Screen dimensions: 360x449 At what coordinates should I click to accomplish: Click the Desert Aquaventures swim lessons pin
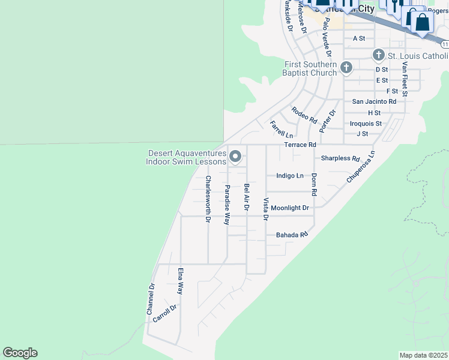(x=236, y=157)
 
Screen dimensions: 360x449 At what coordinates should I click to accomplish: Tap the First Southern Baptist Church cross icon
(x=346, y=67)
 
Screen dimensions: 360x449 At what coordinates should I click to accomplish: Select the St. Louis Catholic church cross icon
(x=378, y=55)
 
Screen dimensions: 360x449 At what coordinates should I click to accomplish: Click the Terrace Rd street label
(x=300, y=145)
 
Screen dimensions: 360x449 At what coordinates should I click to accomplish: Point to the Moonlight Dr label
(x=289, y=208)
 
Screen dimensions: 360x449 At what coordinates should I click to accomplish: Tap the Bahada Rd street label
(x=292, y=235)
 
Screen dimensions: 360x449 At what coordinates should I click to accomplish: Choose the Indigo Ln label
(x=290, y=176)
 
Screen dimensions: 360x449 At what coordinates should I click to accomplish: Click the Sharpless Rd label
(x=340, y=159)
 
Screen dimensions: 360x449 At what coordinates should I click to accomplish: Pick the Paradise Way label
(x=228, y=205)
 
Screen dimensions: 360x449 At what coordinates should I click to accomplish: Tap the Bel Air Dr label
(x=246, y=197)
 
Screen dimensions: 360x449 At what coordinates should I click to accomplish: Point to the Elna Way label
(x=180, y=281)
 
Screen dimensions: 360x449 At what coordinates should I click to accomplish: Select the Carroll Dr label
(x=164, y=314)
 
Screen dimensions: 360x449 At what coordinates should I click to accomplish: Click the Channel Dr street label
(x=151, y=299)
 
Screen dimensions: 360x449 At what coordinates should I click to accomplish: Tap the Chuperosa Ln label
(x=360, y=167)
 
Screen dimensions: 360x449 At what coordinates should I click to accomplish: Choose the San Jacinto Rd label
(x=374, y=102)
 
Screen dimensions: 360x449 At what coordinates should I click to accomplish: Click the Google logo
(x=20, y=353)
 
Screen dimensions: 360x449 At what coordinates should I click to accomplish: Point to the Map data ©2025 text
(x=424, y=355)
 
